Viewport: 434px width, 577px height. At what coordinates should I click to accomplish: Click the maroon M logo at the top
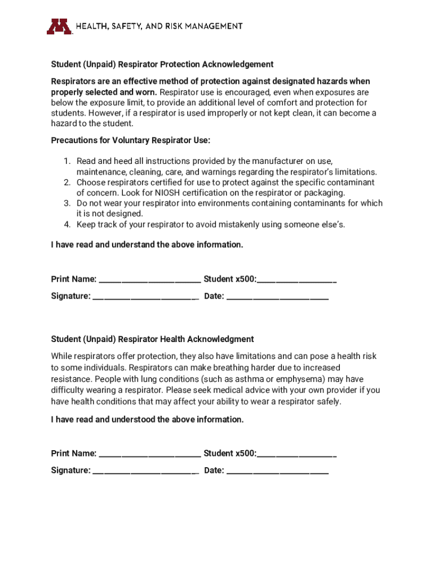(59, 26)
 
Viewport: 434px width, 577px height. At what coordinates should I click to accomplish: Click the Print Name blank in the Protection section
(149, 279)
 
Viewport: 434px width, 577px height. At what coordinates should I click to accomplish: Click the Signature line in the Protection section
(145, 296)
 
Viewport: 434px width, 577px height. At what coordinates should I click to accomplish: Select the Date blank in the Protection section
(277, 296)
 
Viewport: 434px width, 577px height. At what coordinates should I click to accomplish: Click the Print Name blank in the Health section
(149, 454)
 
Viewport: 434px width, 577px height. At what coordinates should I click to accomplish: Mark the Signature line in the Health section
(145, 471)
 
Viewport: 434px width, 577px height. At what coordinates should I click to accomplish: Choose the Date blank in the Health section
(277, 471)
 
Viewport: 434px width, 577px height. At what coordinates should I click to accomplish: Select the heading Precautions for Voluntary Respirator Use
(131, 140)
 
